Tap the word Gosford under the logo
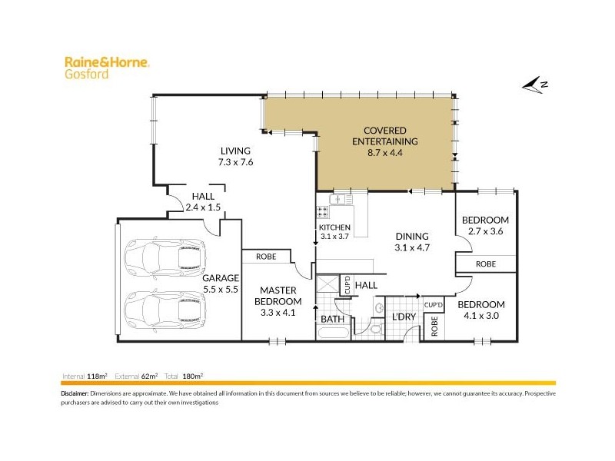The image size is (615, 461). pyautogui.click(x=81, y=75)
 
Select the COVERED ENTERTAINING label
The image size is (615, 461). pyautogui.click(x=384, y=136)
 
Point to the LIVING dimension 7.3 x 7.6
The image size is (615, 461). pyautogui.click(x=235, y=162)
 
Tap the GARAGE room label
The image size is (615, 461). pyautogui.click(x=221, y=278)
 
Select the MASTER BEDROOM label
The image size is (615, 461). pyautogui.click(x=278, y=296)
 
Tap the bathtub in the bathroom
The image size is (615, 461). pyautogui.click(x=332, y=334)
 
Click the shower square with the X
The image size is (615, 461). pyautogui.click(x=327, y=286)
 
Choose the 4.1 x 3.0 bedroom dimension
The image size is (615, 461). pyautogui.click(x=482, y=315)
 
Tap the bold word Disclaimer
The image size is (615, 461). pyautogui.click(x=75, y=393)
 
